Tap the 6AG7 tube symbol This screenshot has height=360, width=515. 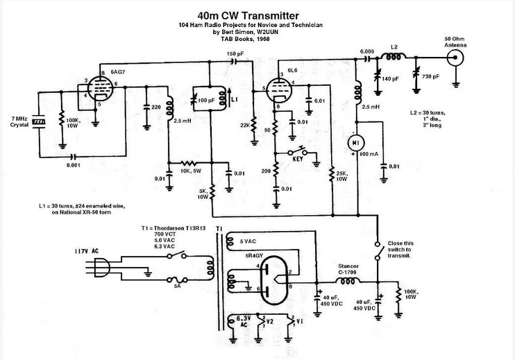click(98, 89)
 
